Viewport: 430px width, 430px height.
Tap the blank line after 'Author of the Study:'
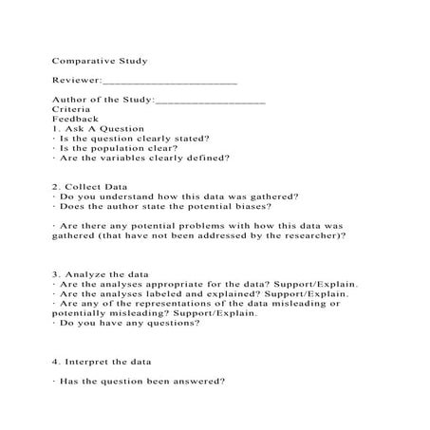[x=209, y=100]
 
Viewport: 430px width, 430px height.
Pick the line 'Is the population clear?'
[x=114, y=148]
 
